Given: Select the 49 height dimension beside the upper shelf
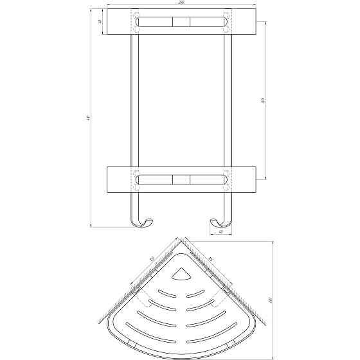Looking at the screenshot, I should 100,23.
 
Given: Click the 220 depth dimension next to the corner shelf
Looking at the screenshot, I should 271,299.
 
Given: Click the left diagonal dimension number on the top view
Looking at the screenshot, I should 152,260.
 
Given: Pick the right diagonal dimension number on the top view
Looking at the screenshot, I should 210,260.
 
